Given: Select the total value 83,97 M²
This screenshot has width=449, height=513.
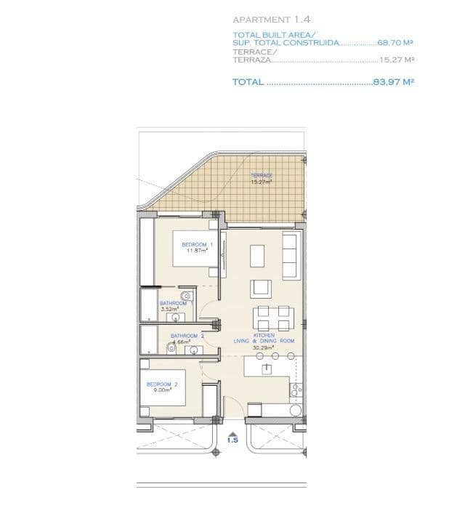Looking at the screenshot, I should coord(393,83).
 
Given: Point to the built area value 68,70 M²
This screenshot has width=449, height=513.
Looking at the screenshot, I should coord(395,43).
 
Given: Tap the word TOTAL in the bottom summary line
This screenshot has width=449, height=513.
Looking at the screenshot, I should coord(248,83).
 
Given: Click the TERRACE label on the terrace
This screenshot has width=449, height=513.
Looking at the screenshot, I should coord(262,176).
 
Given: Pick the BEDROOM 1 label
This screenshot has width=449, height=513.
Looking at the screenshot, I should coord(197,244).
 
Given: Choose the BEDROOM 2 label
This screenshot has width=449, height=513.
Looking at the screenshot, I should coord(162,384).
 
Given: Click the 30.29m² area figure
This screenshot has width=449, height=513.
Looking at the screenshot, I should coord(263,347).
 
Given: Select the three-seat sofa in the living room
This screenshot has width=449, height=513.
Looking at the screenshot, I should coord(288,256).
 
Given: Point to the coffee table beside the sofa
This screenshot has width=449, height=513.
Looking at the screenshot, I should coord(258,256).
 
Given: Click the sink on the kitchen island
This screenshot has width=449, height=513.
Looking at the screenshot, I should coord(267,368).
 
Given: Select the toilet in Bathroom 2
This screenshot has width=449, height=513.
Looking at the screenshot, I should coord(172,348).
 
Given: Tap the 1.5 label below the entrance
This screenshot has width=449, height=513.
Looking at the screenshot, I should coord(232,440).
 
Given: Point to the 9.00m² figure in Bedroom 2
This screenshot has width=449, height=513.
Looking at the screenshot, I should coord(161,390).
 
